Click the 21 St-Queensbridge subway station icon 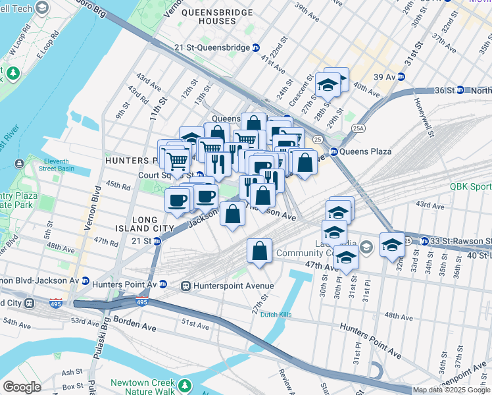[x=256, y=48]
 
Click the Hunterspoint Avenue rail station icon [x=186, y=286]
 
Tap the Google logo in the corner [x=21, y=387]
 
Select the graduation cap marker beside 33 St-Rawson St [x=392, y=244]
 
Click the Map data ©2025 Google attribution [x=451, y=390]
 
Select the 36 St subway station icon [x=460, y=90]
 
